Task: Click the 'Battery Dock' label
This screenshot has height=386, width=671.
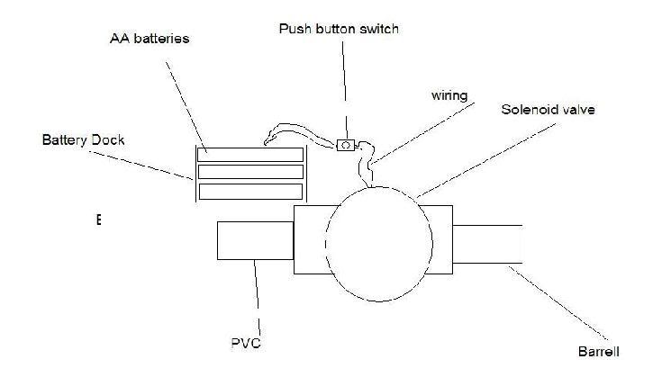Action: point(82,141)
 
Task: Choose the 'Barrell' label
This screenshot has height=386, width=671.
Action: point(599,351)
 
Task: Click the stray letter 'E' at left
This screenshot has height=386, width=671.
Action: point(97,219)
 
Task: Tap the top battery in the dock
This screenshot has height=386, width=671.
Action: point(250,154)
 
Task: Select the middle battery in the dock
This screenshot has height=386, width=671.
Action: point(250,172)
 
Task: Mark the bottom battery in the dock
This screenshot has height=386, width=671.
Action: point(250,191)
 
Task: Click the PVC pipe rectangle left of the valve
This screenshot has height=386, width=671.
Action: point(256,242)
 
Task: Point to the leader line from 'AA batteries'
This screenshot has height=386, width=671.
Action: point(185,99)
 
